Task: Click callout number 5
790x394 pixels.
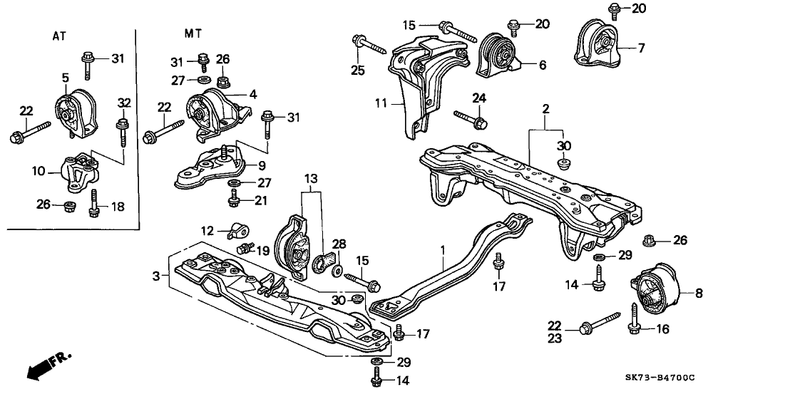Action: (65, 77)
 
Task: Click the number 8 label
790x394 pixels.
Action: (698, 291)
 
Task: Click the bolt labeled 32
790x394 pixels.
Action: (121, 131)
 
